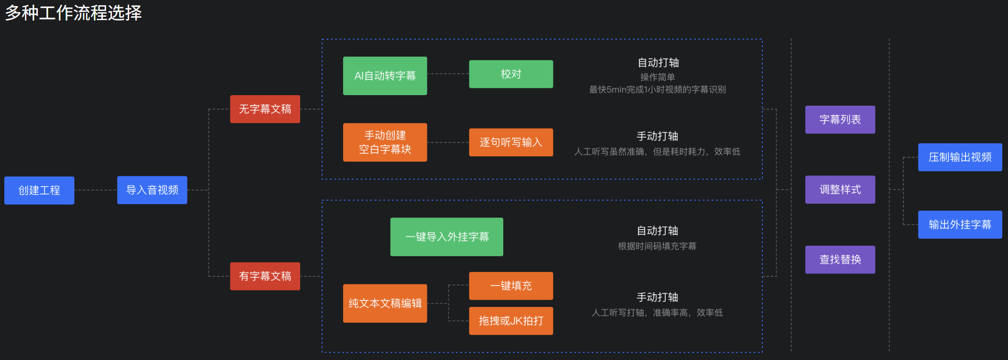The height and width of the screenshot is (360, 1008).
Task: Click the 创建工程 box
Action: pos(39,190)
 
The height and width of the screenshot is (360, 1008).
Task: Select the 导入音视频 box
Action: pos(152,190)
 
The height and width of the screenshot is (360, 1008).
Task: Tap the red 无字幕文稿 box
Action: pos(265,109)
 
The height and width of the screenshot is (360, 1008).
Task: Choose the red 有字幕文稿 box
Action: pos(265,276)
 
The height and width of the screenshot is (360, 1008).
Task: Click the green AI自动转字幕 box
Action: pos(385,76)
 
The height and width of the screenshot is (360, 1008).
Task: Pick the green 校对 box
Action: pos(511,74)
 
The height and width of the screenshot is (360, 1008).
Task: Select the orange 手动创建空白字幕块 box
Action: pos(385,142)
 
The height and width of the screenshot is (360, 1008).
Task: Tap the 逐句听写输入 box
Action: pos(511,142)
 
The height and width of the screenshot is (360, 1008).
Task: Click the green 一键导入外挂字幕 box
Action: pos(446,237)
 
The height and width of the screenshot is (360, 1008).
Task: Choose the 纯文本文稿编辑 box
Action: pos(385,303)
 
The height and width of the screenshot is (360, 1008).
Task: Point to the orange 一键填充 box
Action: pos(511,285)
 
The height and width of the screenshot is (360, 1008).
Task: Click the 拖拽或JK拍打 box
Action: pos(511,321)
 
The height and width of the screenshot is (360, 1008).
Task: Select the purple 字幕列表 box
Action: pos(840,120)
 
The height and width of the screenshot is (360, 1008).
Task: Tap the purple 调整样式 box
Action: pos(840,190)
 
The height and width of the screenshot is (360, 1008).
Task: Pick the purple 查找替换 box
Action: pos(840,260)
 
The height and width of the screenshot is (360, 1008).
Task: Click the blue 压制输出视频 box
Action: pos(960,157)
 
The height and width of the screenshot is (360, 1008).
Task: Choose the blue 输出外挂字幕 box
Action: pos(960,225)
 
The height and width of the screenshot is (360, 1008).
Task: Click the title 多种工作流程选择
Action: pos(74,13)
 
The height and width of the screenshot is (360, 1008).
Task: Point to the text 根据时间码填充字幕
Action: pos(657,246)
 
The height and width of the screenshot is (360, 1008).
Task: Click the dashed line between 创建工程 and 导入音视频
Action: pos(96,190)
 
